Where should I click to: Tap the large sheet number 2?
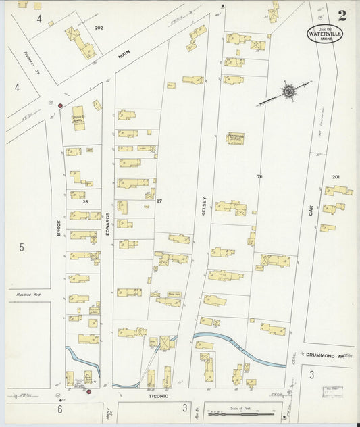[343, 14]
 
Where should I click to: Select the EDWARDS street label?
[108, 224]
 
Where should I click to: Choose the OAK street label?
[311, 211]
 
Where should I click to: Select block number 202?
[99, 28]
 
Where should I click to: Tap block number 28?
[86, 201]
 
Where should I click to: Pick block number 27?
[160, 201]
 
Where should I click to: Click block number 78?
[259, 177]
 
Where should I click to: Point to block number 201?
[336, 177]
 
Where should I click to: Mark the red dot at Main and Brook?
[61, 106]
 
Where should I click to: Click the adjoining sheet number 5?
[21, 247]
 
